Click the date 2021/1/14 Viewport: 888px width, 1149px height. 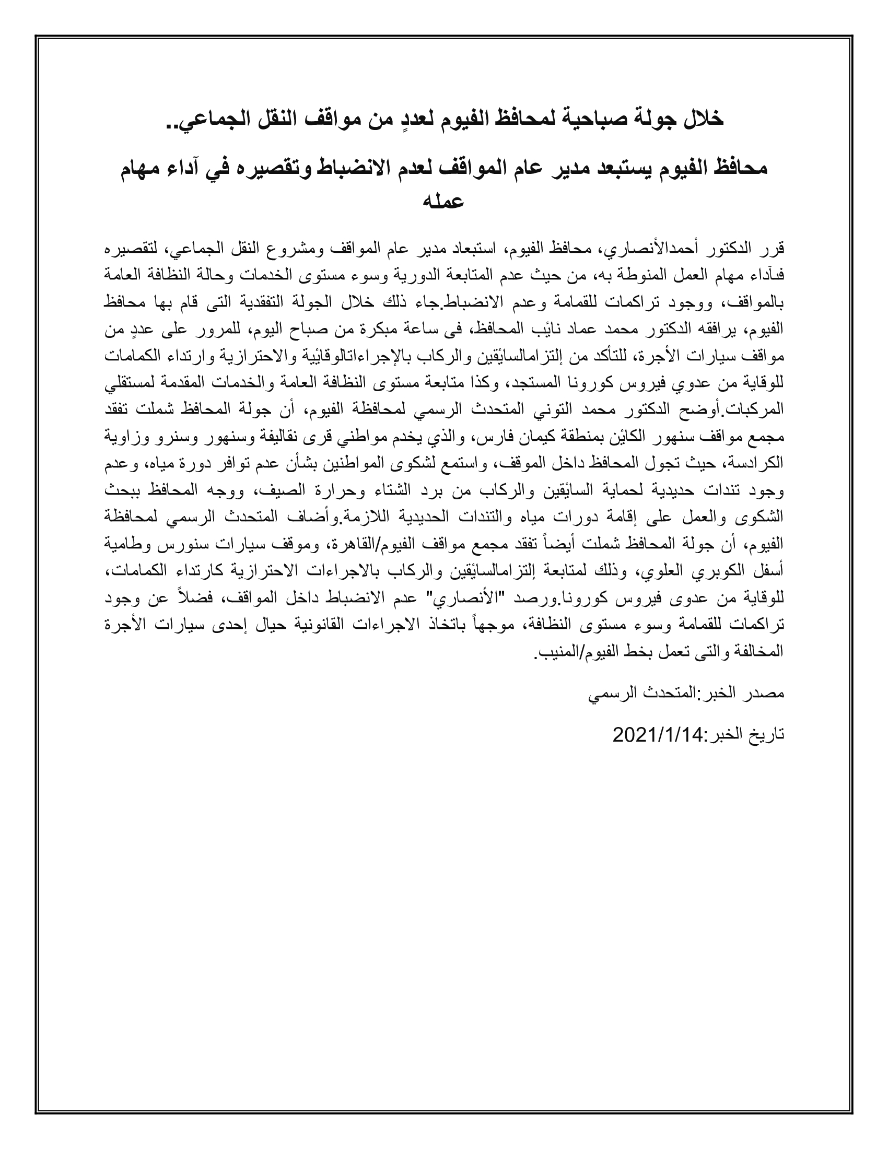[x=658, y=735]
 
